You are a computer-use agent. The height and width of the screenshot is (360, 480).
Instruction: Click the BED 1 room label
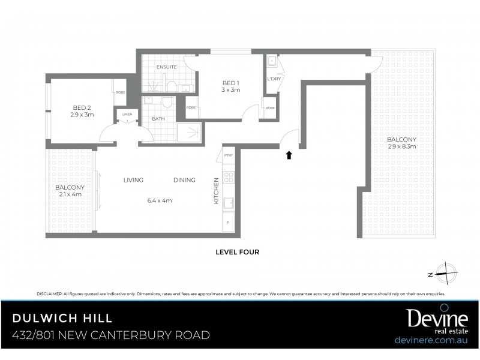pyautogui.click(x=231, y=83)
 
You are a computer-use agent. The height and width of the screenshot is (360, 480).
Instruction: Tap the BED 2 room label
pyautogui.click(x=82, y=108)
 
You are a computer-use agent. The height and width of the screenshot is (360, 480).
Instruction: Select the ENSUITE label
pyautogui.click(x=166, y=68)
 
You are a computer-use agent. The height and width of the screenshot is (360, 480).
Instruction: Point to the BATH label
pyautogui.click(x=158, y=119)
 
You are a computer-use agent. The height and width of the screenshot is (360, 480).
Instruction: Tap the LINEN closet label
pyautogui.click(x=127, y=114)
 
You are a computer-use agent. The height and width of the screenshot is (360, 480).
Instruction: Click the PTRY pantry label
pyautogui.click(x=228, y=155)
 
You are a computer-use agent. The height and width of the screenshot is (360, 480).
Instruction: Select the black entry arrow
pyautogui.click(x=289, y=155)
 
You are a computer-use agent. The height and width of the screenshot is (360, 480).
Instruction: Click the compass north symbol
pyautogui.click(x=446, y=274)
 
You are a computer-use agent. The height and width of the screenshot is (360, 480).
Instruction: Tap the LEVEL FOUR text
pyautogui.click(x=237, y=252)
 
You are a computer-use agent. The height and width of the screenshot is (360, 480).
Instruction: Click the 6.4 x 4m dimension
pyautogui.click(x=160, y=200)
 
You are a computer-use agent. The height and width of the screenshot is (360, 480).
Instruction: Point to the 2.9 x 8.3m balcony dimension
pyautogui.click(x=401, y=146)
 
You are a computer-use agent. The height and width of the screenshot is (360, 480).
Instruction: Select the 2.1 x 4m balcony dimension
pyautogui.click(x=70, y=194)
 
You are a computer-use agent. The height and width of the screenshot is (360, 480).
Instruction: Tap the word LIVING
pyautogui.click(x=133, y=180)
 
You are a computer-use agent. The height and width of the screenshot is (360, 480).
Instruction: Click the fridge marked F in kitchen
pyautogui.click(x=228, y=223)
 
